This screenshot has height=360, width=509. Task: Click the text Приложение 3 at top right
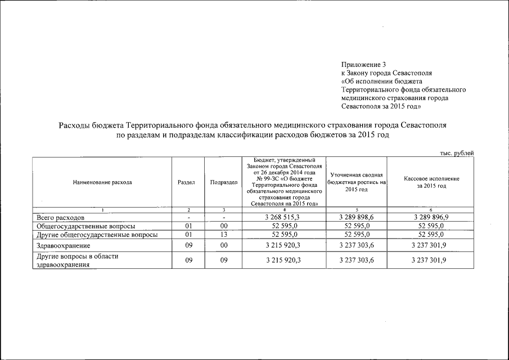point(363,65)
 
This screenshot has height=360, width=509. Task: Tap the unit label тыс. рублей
point(456,153)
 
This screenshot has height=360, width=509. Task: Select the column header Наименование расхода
point(102,182)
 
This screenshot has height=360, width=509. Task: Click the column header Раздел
point(186,182)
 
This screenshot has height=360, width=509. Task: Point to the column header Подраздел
point(223,182)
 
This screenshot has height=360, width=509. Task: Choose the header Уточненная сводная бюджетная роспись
point(355,182)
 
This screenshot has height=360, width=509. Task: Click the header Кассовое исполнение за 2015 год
point(431,182)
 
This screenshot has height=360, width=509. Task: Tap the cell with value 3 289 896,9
point(431,217)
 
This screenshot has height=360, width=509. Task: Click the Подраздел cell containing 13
point(223,235)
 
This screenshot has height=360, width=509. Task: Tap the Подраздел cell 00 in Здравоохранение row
point(223,246)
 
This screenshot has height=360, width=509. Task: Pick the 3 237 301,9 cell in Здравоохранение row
point(431,246)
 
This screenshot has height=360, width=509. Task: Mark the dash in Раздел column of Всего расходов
point(189,217)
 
